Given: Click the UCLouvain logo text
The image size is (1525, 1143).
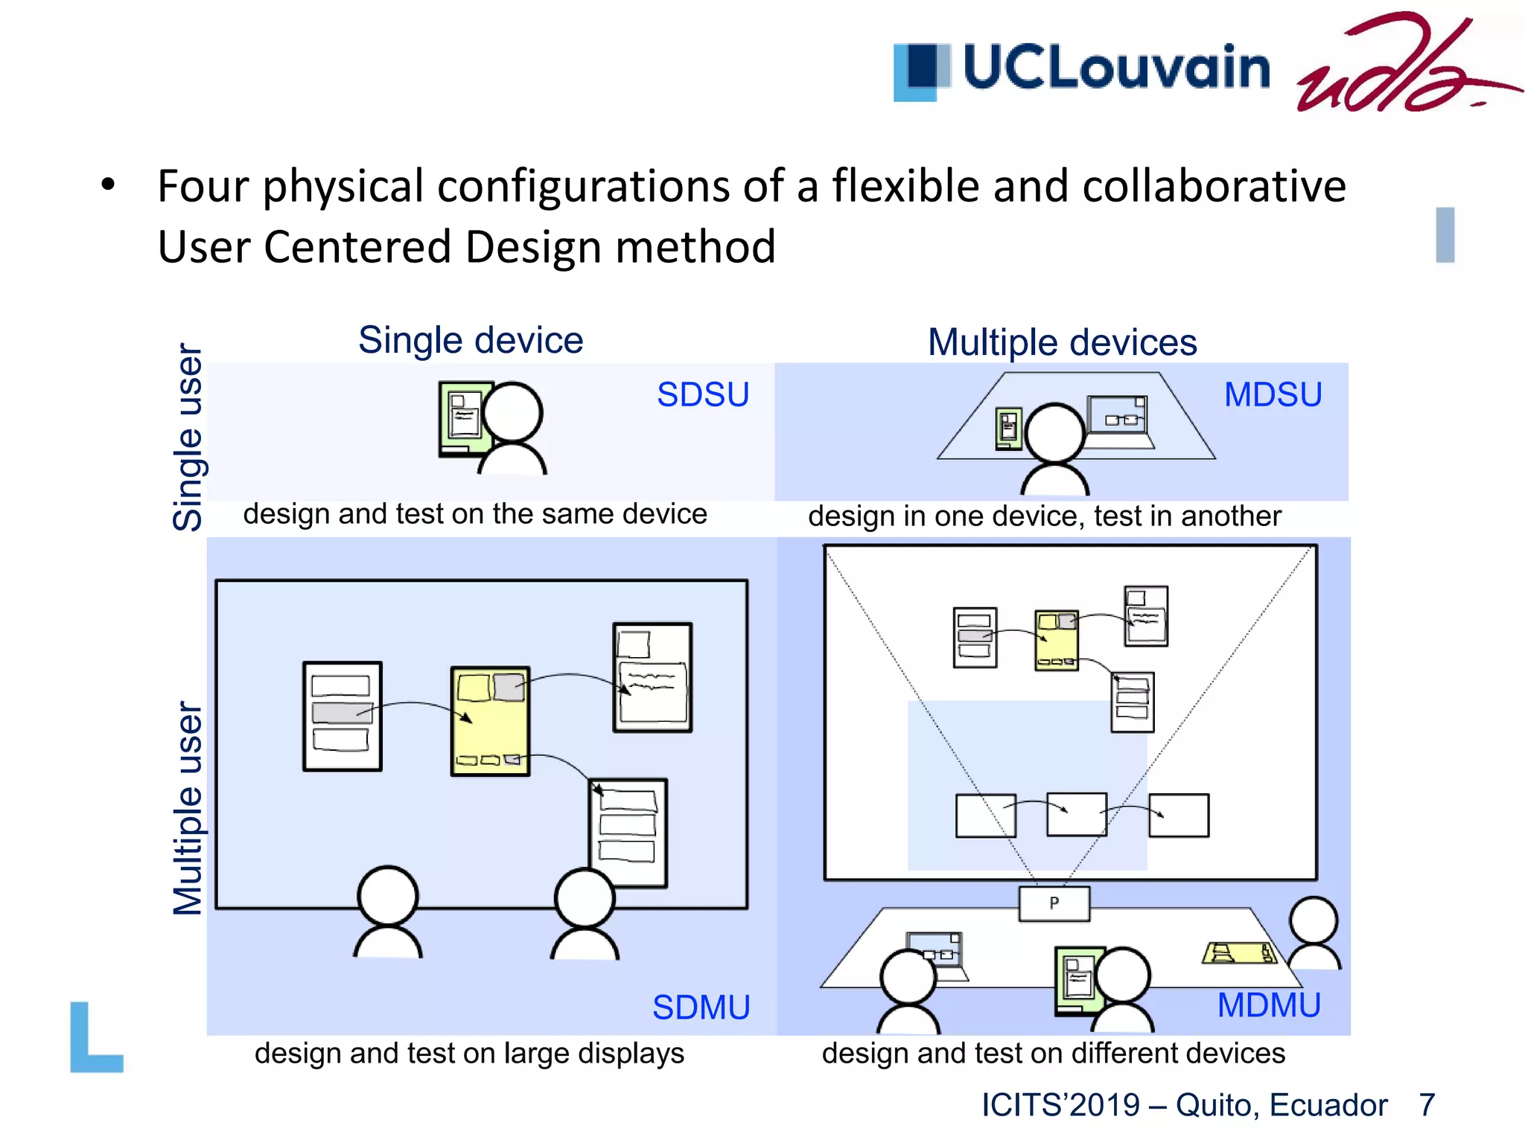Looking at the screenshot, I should [x=1115, y=67].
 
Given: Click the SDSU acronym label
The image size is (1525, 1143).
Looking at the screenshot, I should [x=702, y=394].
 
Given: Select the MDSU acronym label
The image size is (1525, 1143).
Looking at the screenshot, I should [x=1273, y=394].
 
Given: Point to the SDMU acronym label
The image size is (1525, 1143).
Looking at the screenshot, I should [x=701, y=1008].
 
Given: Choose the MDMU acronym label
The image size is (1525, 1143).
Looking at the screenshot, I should [x=1269, y=1005].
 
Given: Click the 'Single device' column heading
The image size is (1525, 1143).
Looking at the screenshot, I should [x=471, y=340].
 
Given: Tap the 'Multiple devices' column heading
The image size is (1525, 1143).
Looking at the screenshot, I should [x=1062, y=342].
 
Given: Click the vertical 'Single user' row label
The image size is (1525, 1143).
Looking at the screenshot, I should [x=188, y=438].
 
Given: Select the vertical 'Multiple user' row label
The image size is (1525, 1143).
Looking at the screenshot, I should [x=188, y=808].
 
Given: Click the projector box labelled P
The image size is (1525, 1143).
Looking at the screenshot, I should [x=1054, y=903].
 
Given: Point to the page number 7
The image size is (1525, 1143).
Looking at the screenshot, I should [x=1427, y=1105].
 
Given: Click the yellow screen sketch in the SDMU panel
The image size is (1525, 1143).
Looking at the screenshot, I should [x=490, y=721].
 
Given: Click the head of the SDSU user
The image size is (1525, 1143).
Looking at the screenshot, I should [x=512, y=412].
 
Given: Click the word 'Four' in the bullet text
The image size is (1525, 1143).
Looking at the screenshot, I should [x=202, y=186].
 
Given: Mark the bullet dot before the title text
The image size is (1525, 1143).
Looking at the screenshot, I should [x=109, y=184].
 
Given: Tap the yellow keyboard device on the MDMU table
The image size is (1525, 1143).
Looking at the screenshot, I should [x=1239, y=952].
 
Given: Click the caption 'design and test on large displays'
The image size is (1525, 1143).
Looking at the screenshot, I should [x=469, y=1053].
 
